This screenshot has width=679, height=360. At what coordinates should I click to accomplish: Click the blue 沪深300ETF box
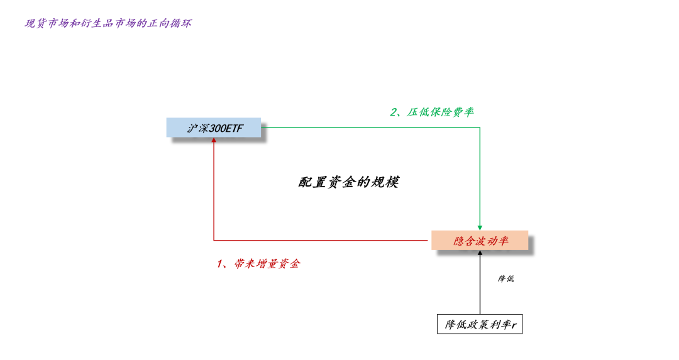[x=214, y=128]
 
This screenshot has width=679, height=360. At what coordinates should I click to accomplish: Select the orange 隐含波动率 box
[x=480, y=240]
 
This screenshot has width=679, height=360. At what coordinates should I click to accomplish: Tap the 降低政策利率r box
[x=480, y=324]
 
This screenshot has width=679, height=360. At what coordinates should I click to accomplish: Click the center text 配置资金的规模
[x=348, y=182]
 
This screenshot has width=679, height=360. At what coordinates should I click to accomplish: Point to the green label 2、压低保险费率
[x=432, y=112]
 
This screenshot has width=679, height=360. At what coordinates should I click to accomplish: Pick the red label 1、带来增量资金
[x=258, y=263]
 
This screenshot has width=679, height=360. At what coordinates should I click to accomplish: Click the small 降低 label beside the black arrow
[x=505, y=278]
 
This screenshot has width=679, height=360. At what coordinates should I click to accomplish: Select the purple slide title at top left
[x=108, y=23]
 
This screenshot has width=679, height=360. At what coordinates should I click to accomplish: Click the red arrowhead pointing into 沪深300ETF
[x=214, y=141]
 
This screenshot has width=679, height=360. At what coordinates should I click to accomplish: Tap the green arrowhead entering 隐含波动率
[x=480, y=227]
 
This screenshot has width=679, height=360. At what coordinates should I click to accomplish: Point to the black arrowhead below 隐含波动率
[x=480, y=253]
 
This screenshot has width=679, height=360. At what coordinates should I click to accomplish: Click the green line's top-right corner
[x=480, y=128]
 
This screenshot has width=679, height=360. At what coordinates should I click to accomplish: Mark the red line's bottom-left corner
[x=214, y=240]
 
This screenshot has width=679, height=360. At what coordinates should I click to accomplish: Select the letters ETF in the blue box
[x=236, y=128]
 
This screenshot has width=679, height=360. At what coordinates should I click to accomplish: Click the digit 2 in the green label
[x=394, y=112]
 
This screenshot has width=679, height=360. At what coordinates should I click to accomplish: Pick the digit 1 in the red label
[x=220, y=263]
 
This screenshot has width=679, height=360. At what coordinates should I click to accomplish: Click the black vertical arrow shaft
[x=480, y=286]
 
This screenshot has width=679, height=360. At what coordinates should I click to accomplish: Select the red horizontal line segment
[x=321, y=240]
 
